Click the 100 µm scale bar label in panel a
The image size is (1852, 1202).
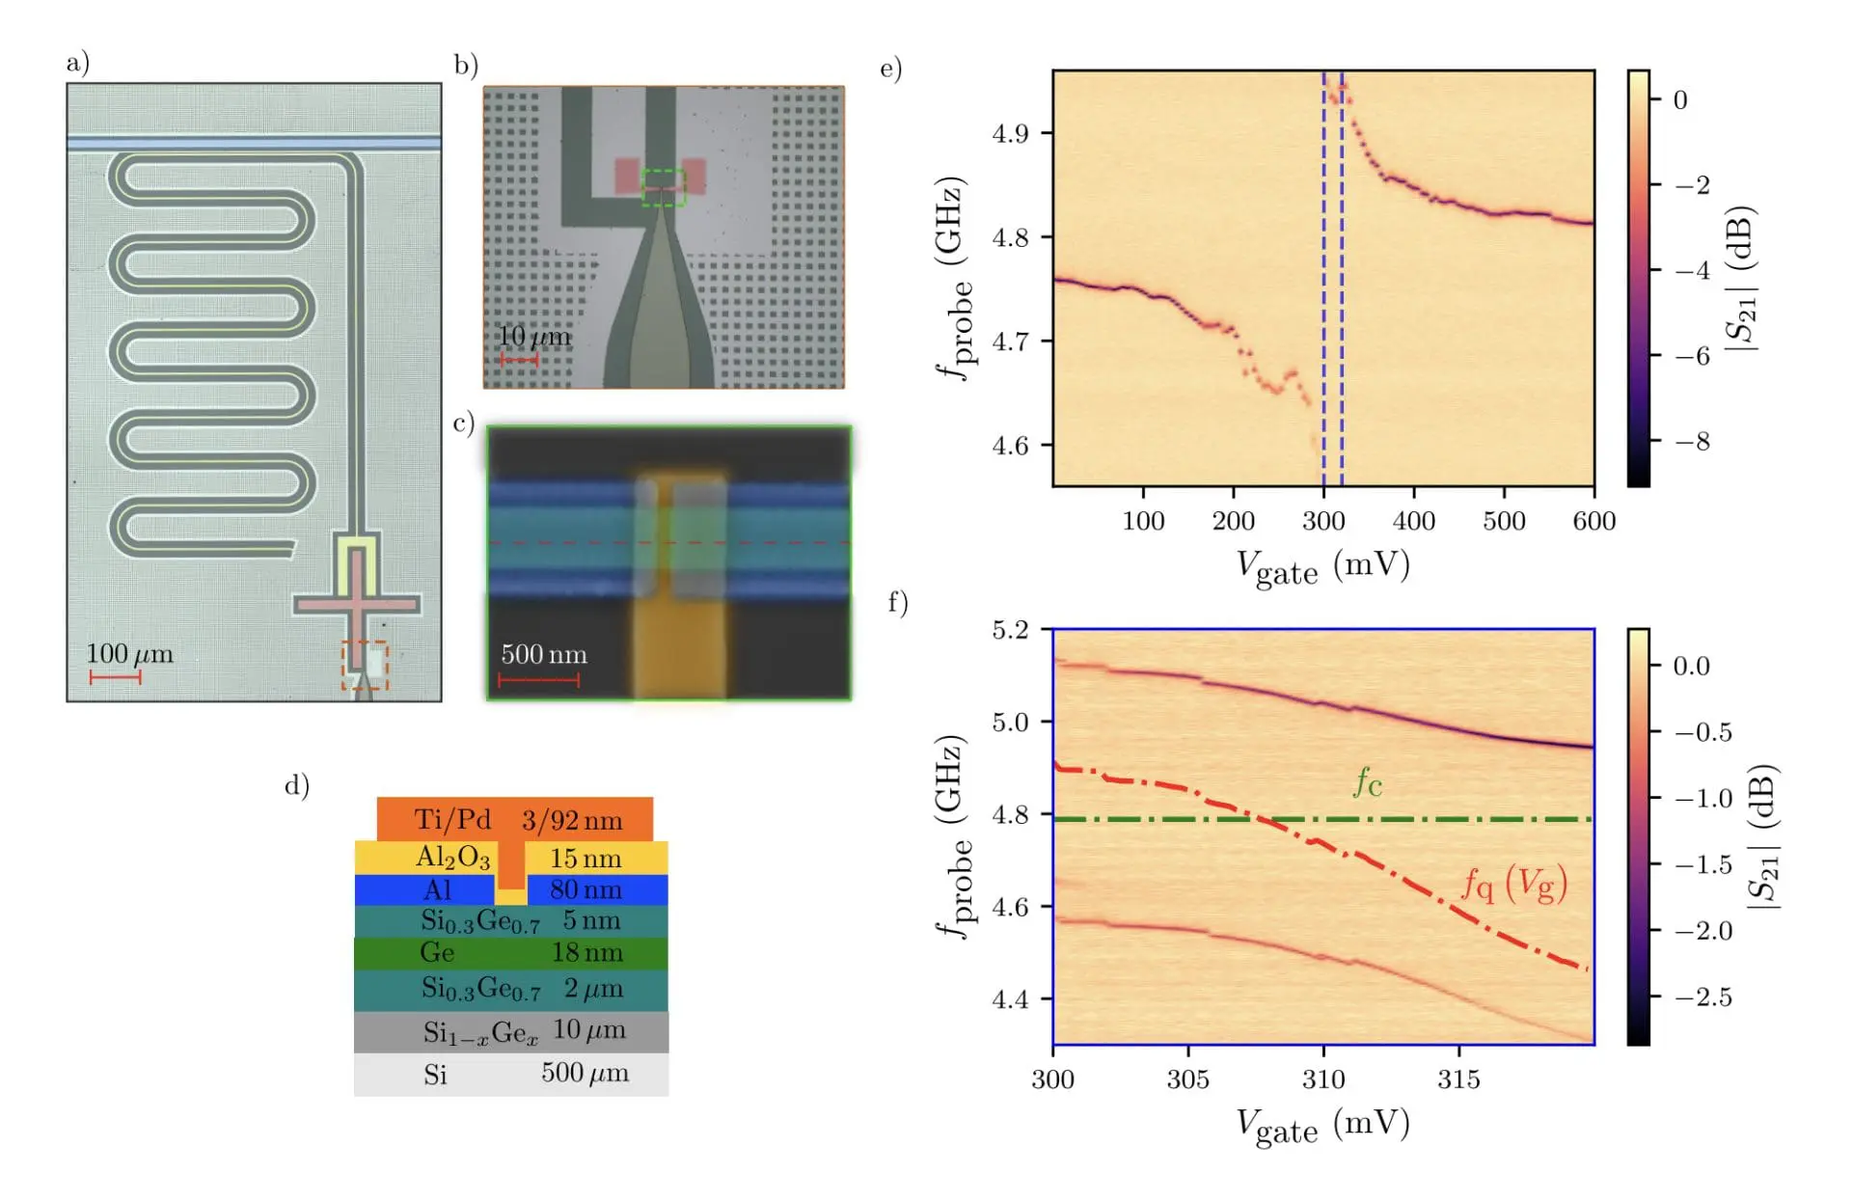pyautogui.click(x=129, y=653)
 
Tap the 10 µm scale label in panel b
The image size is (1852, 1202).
pyautogui.click(x=533, y=337)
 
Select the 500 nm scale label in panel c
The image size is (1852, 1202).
pyautogui.click(x=544, y=654)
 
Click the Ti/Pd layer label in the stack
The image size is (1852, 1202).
pyautogui.click(x=452, y=819)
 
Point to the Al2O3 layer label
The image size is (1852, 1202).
pyautogui.click(x=452, y=857)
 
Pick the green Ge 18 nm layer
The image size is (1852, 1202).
pyautogui.click(x=510, y=952)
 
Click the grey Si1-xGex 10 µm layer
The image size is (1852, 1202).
pyautogui.click(x=510, y=1031)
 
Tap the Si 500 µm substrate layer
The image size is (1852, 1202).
pyautogui.click(x=510, y=1073)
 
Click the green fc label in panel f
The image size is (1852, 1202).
pyautogui.click(x=1368, y=782)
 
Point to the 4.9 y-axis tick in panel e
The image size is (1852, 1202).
pyautogui.click(x=1010, y=133)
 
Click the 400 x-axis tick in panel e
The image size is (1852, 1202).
pyautogui.click(x=1413, y=521)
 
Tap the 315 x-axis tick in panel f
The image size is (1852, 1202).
pyautogui.click(x=1457, y=1079)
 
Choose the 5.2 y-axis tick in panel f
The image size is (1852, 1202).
pyautogui.click(x=1010, y=630)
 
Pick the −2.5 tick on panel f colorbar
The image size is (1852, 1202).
pyautogui.click(x=1702, y=997)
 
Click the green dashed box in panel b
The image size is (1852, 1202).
pyautogui.click(x=664, y=187)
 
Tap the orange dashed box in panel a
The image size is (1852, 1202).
pyautogui.click(x=365, y=666)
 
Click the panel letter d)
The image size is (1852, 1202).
pyautogui.click(x=296, y=785)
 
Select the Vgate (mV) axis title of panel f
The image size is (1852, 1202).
pyautogui.click(x=1322, y=1125)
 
